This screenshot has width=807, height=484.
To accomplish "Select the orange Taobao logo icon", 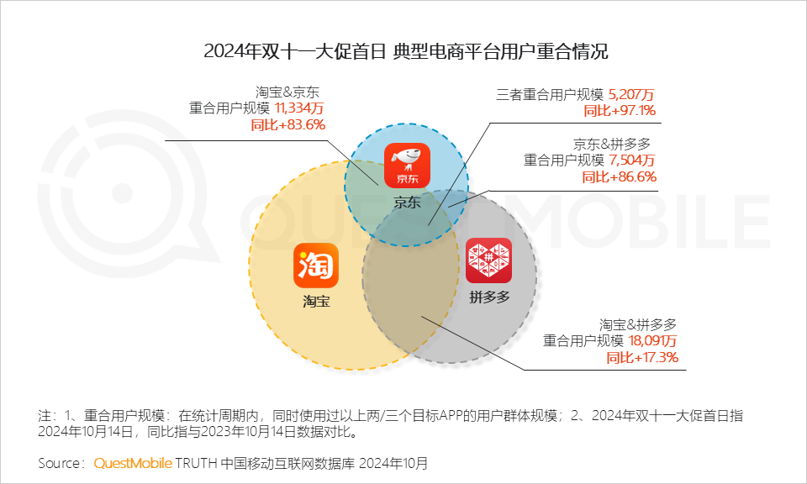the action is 316,266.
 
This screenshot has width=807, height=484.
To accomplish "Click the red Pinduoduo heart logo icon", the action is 488,260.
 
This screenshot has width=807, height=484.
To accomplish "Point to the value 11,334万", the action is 299,108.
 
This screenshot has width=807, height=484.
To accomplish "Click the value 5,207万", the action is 631,95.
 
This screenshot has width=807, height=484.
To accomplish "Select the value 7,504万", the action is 632,160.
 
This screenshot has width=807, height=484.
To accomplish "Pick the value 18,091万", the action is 653,341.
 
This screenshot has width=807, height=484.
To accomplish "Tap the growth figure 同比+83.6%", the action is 287,124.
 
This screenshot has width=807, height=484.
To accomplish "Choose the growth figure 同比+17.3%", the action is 642,358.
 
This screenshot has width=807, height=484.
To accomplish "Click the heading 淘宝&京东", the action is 287,92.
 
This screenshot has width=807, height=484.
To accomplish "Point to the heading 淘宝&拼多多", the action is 639,324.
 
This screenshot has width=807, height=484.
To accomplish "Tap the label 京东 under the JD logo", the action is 407,202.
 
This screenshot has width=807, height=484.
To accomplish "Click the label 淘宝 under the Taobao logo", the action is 316,301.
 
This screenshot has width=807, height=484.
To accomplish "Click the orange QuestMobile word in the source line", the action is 133,463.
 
